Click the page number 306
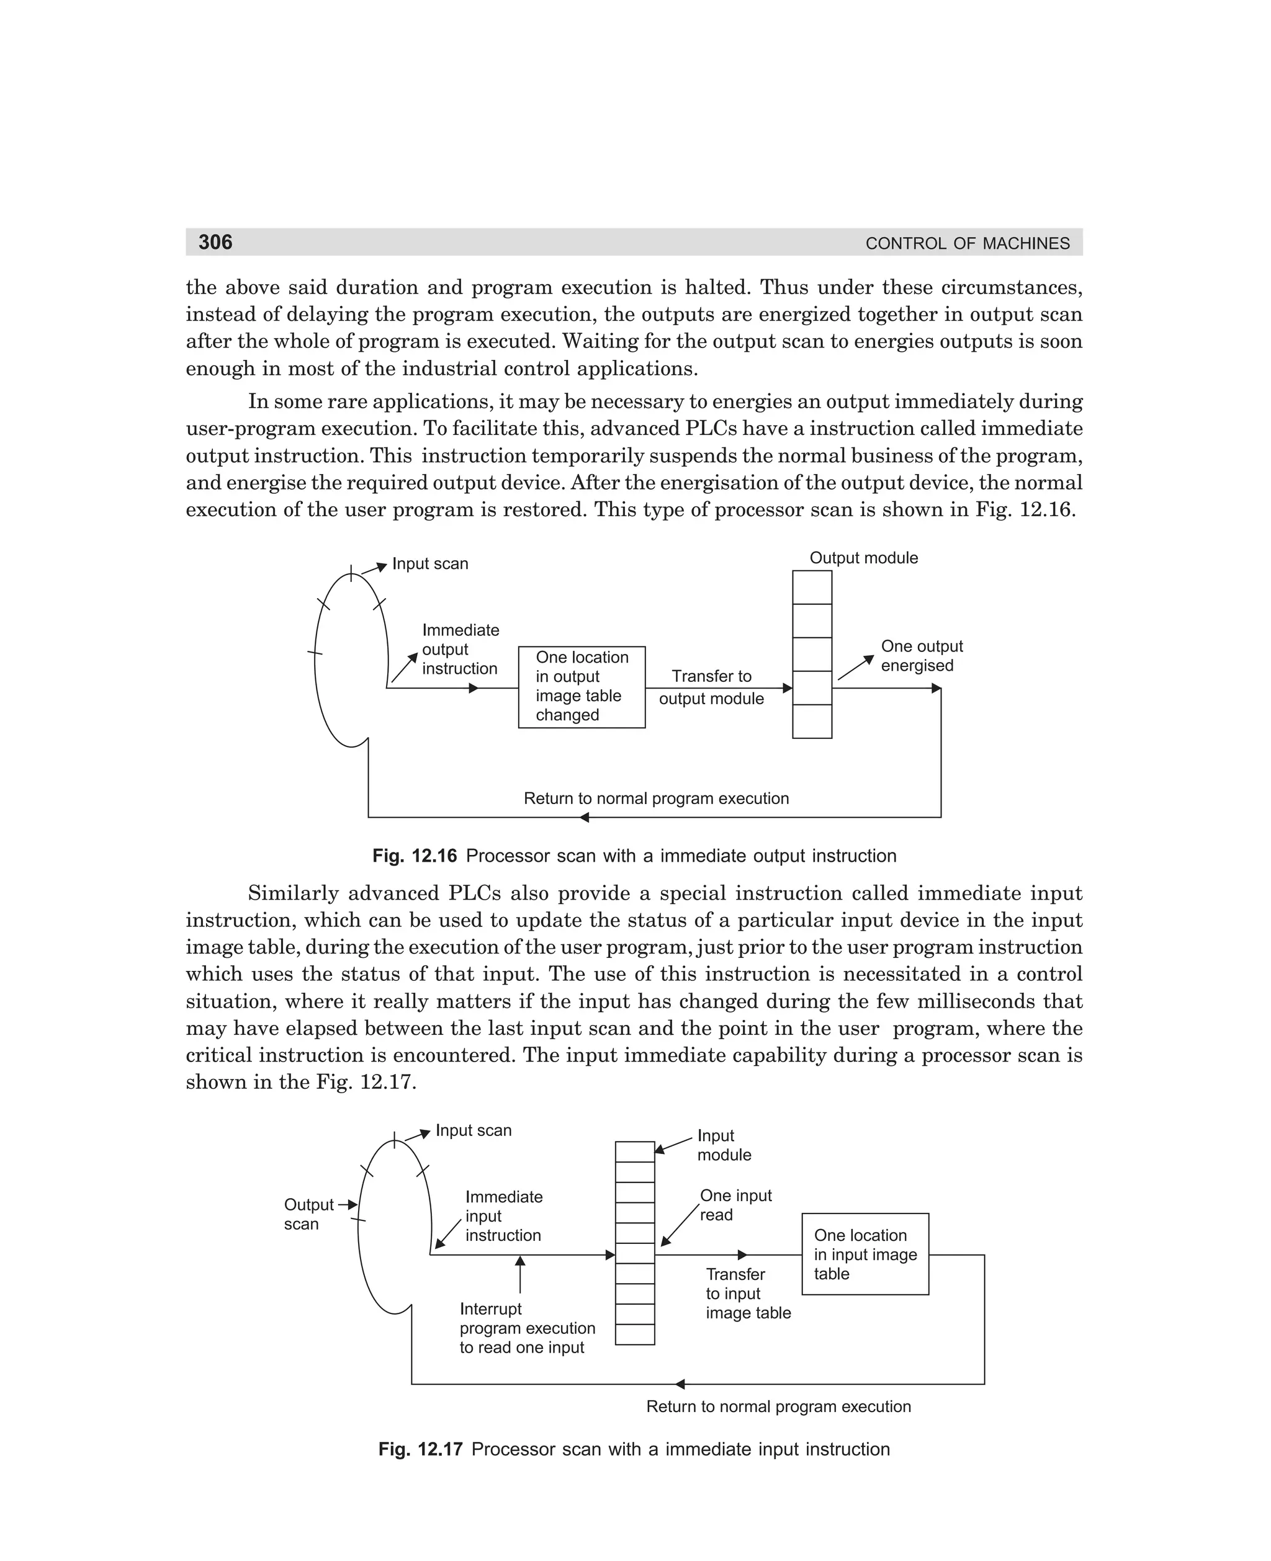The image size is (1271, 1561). click(x=215, y=242)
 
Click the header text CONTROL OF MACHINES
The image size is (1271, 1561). click(x=967, y=244)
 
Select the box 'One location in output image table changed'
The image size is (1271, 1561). click(x=582, y=686)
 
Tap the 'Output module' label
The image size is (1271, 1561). click(x=863, y=558)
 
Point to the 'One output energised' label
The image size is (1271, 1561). click(x=921, y=656)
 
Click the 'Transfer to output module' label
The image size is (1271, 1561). click(x=711, y=686)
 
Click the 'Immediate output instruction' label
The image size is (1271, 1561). click(x=460, y=649)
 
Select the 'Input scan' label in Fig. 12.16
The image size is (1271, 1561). click(x=429, y=563)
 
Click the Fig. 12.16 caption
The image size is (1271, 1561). click(x=634, y=856)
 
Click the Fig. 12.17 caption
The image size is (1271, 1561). click(x=634, y=1449)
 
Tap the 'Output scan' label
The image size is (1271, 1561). click(x=307, y=1214)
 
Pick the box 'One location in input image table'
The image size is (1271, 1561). click(x=865, y=1254)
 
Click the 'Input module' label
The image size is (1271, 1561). click(x=724, y=1145)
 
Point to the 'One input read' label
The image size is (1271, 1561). click(x=735, y=1205)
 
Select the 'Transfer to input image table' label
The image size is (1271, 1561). click(x=747, y=1293)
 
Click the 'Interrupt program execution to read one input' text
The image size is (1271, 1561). click(x=526, y=1328)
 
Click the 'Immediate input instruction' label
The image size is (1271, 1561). click(x=504, y=1215)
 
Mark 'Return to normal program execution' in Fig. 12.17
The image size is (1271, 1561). click(x=778, y=1406)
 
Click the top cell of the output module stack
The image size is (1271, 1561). click(x=812, y=587)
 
